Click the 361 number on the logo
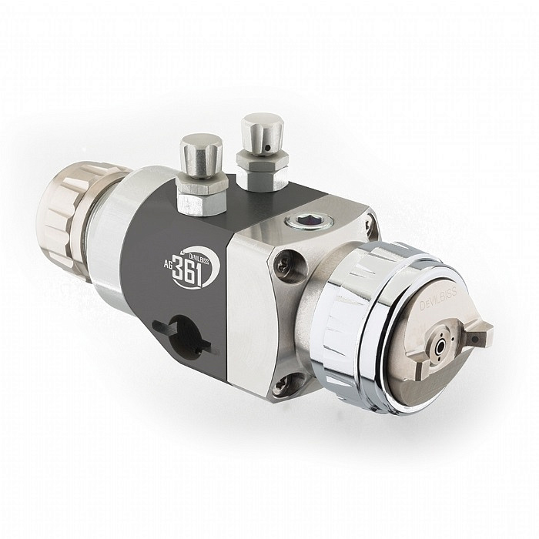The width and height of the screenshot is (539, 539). click(x=192, y=272)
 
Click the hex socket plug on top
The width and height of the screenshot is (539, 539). click(x=300, y=224)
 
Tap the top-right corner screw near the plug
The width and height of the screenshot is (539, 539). click(x=370, y=223)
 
